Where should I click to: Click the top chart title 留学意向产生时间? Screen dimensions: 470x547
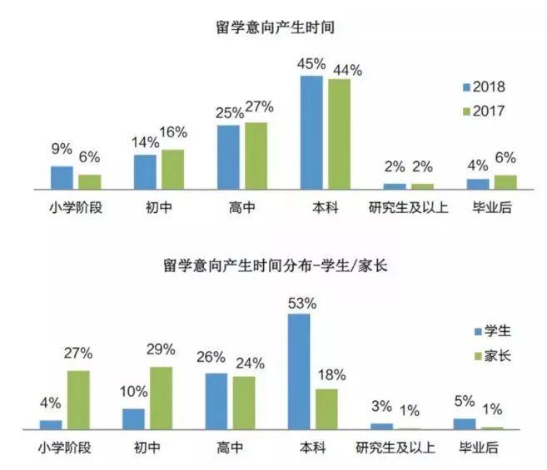click(x=274, y=27)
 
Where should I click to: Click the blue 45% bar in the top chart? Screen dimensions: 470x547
click(x=311, y=133)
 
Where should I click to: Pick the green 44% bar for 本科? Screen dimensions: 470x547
click(x=339, y=135)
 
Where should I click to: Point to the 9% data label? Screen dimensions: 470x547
click(x=62, y=151)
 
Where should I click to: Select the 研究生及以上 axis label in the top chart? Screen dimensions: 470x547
click(x=408, y=207)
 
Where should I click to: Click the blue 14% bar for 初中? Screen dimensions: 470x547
click(x=145, y=172)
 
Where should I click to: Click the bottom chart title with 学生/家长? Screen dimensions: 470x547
click(x=274, y=267)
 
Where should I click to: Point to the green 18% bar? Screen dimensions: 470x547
click(x=326, y=408)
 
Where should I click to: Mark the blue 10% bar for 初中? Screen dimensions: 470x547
click(x=133, y=418)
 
